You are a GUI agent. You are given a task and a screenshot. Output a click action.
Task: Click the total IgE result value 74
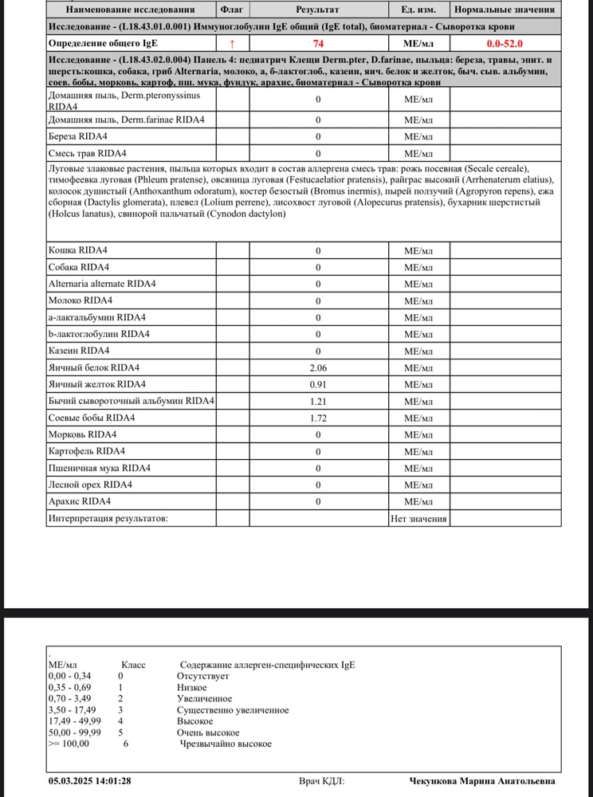pyautogui.click(x=318, y=43)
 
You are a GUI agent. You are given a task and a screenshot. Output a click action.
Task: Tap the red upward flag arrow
pyautogui.click(x=232, y=43)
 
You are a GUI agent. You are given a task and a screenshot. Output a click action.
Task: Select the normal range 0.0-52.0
pyautogui.click(x=505, y=43)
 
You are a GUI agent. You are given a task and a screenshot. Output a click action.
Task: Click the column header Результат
pyautogui.click(x=317, y=10)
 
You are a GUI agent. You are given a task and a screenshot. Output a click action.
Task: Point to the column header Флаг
pyautogui.click(x=232, y=10)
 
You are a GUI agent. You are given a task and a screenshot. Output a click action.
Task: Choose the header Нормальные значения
pyautogui.click(x=505, y=10)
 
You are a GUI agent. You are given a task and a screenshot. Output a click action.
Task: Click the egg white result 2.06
pyautogui.click(x=318, y=367)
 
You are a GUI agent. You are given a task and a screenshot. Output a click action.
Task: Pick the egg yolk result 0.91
pyautogui.click(x=318, y=384)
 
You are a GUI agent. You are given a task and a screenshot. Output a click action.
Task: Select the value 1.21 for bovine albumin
pyautogui.click(x=318, y=401)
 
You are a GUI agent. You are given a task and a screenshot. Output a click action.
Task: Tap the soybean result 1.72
pyautogui.click(x=318, y=418)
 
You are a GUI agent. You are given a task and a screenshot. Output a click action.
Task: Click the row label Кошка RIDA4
pyautogui.click(x=79, y=250)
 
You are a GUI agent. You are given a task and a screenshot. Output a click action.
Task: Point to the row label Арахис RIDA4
pyautogui.click(x=80, y=501)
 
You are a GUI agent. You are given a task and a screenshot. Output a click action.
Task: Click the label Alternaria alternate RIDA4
pyautogui.click(x=102, y=284)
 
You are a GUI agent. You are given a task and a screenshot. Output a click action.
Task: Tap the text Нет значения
pyautogui.click(x=418, y=519)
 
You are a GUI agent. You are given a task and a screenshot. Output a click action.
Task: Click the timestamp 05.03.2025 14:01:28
pyautogui.click(x=89, y=782)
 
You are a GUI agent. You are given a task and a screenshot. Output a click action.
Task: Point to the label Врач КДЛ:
pyautogui.click(x=322, y=782)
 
